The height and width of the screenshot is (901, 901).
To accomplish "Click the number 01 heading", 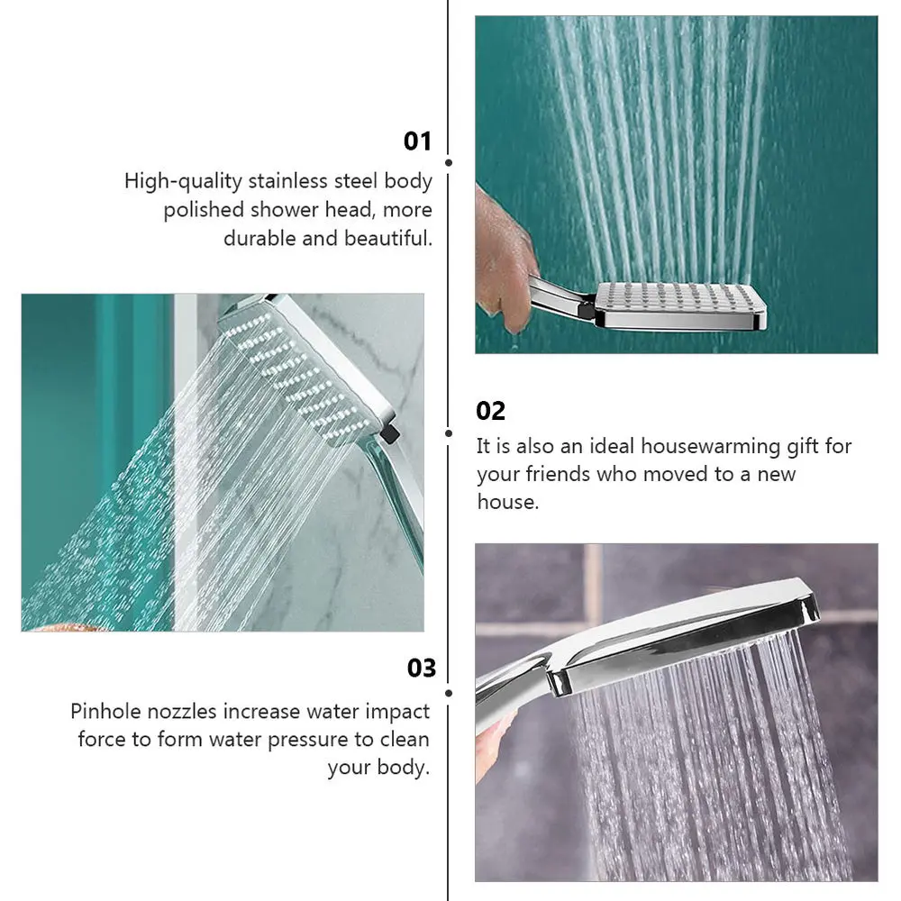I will (418, 141).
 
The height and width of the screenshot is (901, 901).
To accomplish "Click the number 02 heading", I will (491, 412).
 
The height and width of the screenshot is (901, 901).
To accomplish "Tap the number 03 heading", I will (422, 669).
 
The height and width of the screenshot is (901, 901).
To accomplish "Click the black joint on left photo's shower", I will (389, 433).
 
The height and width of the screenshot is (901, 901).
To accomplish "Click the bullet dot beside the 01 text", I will (449, 163).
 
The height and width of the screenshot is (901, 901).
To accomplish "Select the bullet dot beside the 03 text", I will (449, 693).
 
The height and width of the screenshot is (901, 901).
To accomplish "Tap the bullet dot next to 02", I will (449, 433).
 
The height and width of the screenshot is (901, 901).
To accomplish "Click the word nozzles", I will (187, 712).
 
